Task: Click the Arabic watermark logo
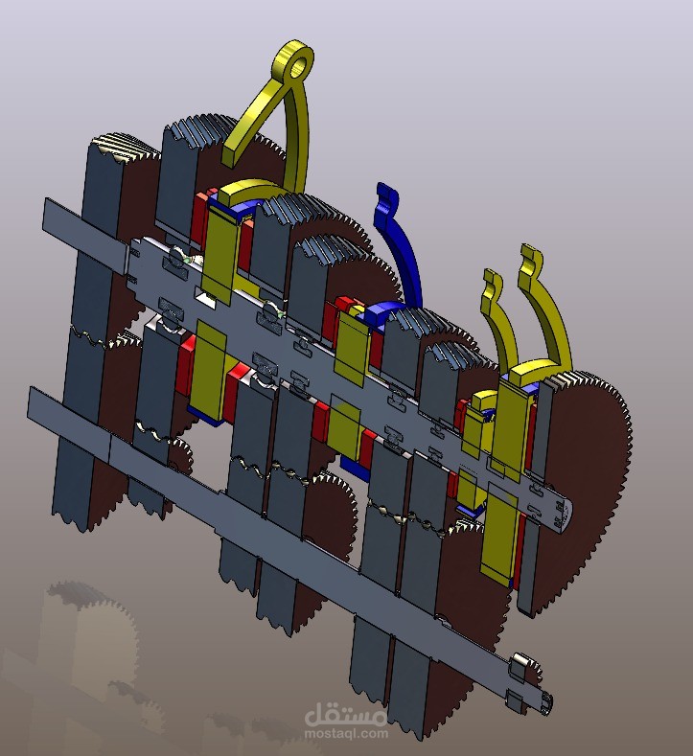pyautogui.click(x=345, y=715)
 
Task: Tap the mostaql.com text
pyautogui.click(x=346, y=734)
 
